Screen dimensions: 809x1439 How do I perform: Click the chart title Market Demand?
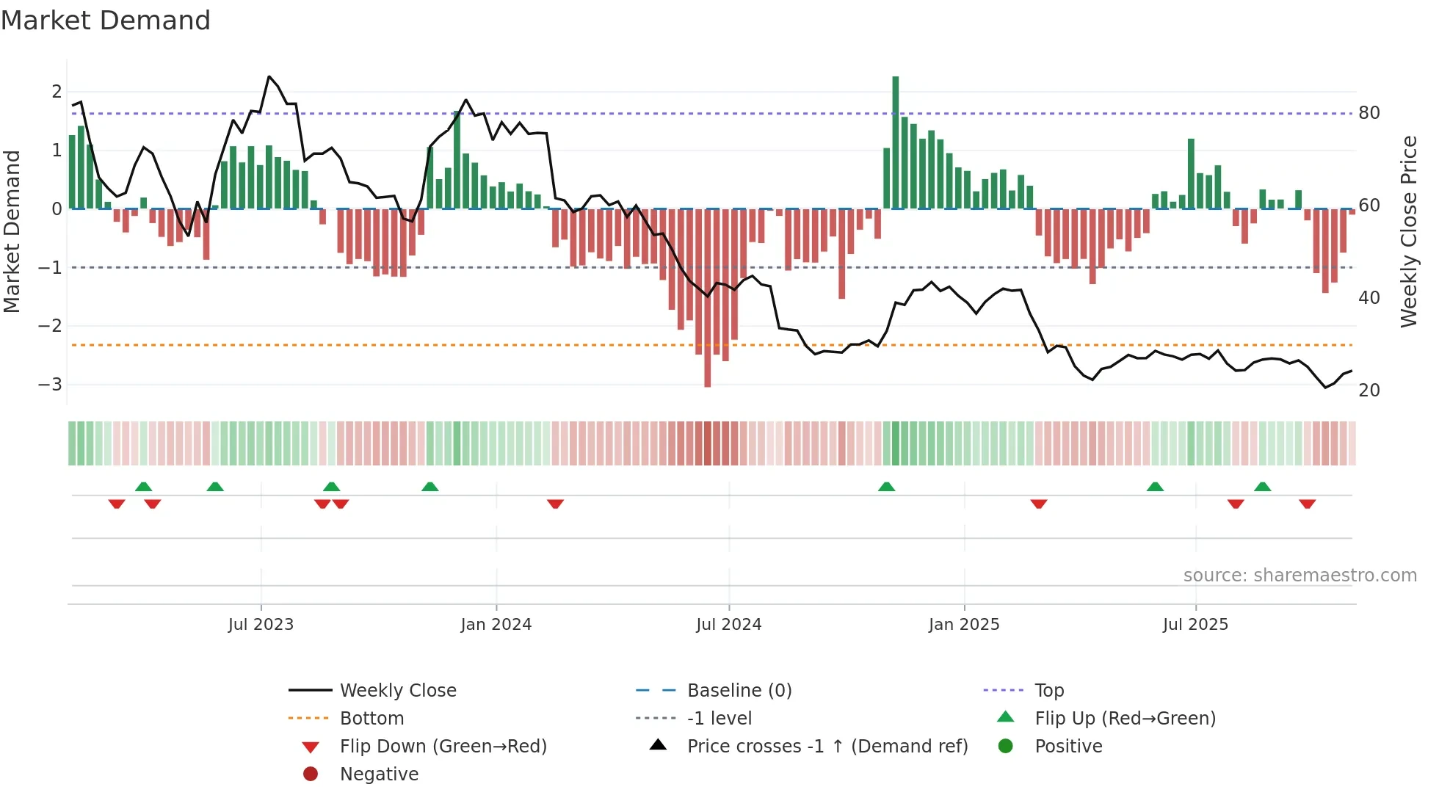(x=106, y=20)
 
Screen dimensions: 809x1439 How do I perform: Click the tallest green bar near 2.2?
(x=895, y=139)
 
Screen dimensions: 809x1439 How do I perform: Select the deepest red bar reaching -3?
(x=707, y=301)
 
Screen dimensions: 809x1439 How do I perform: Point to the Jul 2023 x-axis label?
(x=261, y=625)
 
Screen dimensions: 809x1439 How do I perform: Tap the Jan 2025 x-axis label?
(x=963, y=625)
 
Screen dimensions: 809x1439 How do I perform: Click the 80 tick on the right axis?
(x=1369, y=113)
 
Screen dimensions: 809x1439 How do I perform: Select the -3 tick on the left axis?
(x=50, y=385)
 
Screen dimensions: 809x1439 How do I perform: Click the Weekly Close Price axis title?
(x=1408, y=231)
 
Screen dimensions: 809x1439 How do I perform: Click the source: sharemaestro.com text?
(x=1300, y=576)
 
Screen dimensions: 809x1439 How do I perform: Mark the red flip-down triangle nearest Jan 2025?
(x=1038, y=504)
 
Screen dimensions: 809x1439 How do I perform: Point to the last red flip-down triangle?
(x=1307, y=504)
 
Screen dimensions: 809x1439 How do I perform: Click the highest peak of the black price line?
(x=269, y=77)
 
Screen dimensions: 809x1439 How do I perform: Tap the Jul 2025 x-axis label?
(x=1195, y=625)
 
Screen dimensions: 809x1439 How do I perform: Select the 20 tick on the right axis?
(x=1369, y=391)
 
